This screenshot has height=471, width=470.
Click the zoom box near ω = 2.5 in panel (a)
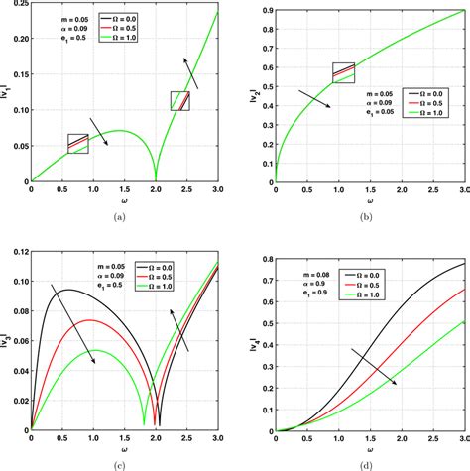179,100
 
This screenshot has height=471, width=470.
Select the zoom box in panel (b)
342,71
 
